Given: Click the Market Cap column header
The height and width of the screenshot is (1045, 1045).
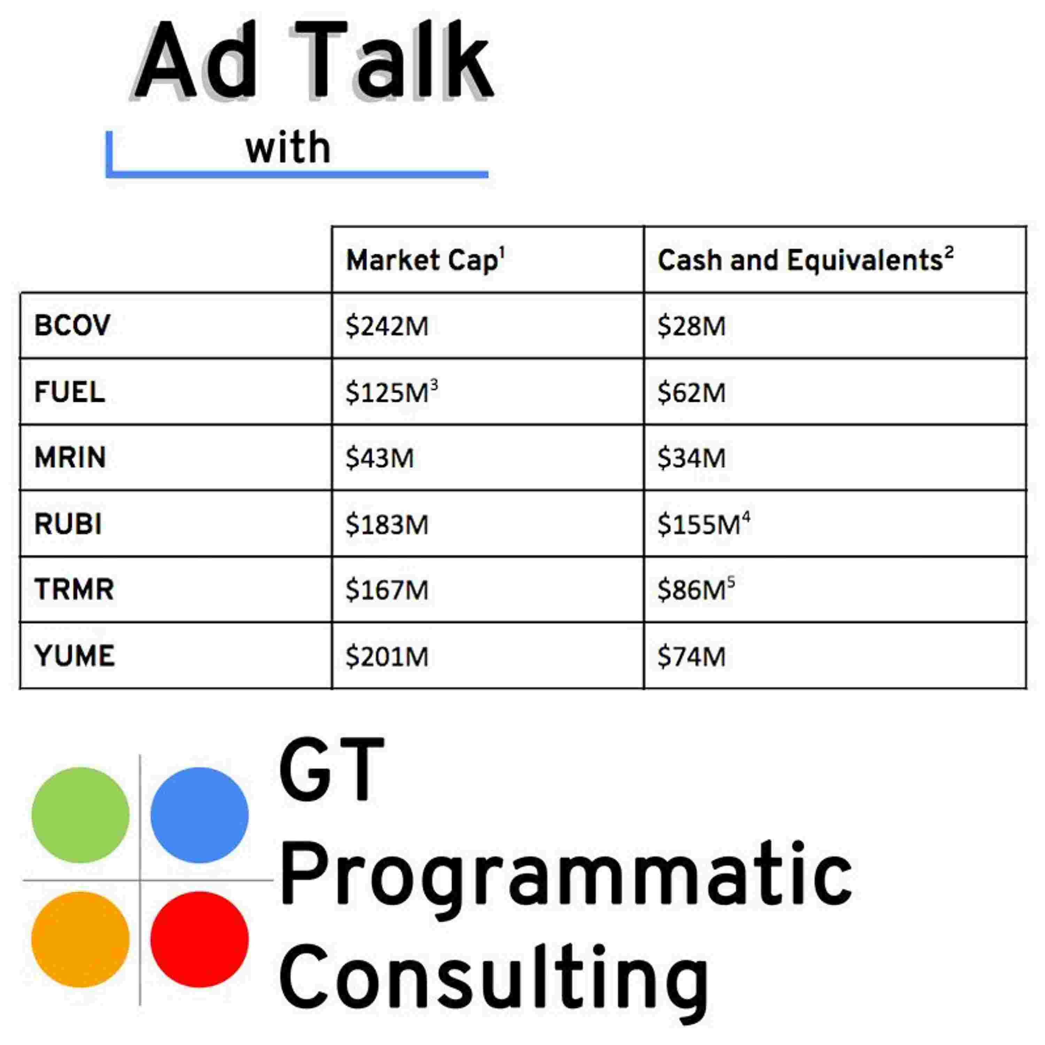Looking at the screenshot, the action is (x=425, y=260).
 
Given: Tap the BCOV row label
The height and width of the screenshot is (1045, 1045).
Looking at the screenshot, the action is (x=72, y=325).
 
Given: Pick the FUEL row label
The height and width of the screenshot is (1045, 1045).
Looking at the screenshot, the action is (x=69, y=392).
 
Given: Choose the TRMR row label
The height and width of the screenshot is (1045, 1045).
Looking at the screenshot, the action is (x=74, y=589).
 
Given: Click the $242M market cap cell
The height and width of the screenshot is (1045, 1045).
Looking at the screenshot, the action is (x=387, y=326).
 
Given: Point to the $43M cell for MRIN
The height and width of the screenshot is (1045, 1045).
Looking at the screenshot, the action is (x=380, y=458).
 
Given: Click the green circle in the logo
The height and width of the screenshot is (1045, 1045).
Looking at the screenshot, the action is (x=80, y=815).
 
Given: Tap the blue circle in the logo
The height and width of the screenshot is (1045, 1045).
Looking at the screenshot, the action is (x=200, y=815).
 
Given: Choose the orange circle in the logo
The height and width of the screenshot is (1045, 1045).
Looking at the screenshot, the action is (x=80, y=939).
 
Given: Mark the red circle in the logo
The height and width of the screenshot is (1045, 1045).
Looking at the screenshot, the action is (x=200, y=939).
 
